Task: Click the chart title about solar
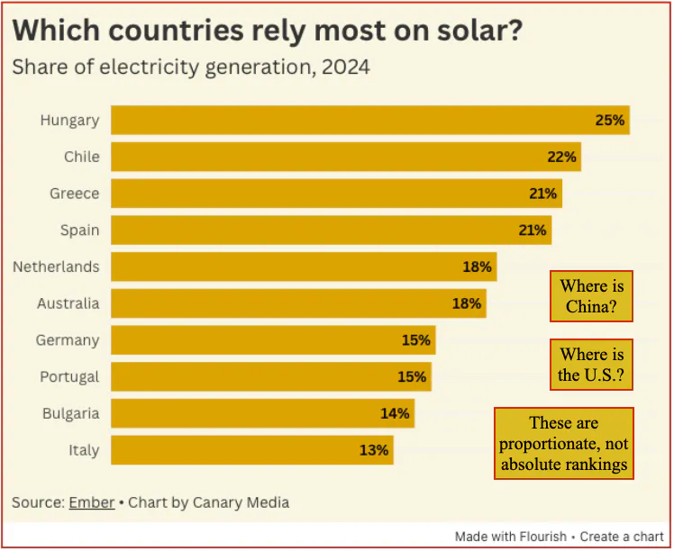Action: [269, 30]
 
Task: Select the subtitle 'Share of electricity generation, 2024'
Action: [190, 68]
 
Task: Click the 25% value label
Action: [609, 120]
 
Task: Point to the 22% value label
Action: [561, 157]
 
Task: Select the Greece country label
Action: [74, 194]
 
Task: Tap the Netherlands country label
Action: [56, 266]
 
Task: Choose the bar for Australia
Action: [288, 303]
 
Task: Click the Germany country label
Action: [68, 340]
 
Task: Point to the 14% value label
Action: [395, 413]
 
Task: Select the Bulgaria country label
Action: [70, 413]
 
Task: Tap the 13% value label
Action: [374, 450]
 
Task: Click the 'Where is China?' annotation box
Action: [591, 296]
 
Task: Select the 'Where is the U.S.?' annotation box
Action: [591, 365]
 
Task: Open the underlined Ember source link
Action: [91, 502]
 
